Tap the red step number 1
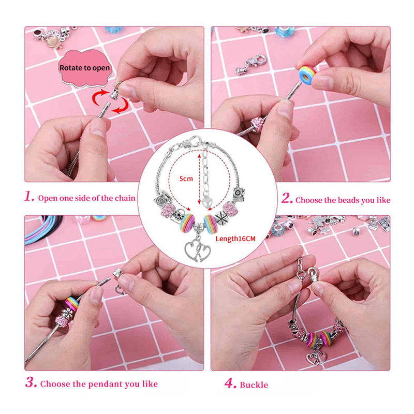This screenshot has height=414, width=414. [x=29, y=197]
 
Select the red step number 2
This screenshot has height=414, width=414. [x=287, y=199]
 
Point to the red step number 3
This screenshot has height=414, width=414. [x=31, y=383]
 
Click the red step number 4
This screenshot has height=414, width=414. [x=230, y=384]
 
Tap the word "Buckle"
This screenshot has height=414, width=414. [x=254, y=385]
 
